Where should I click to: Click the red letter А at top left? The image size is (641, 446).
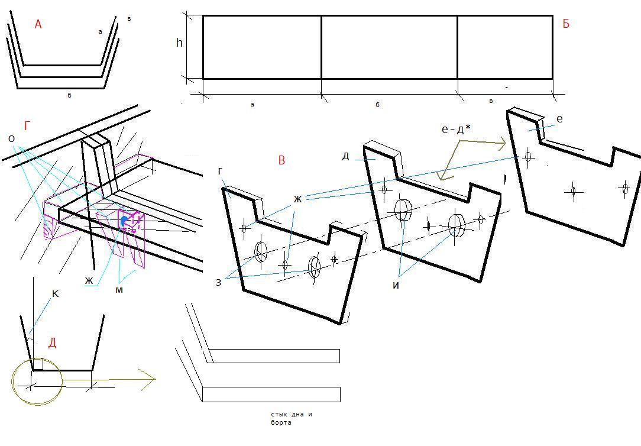click(38, 24)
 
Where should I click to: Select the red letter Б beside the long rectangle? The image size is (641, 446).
click(566, 24)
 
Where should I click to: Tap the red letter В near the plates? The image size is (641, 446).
click(281, 160)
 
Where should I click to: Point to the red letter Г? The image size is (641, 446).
click(27, 125)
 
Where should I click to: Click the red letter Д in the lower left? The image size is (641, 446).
click(52, 343)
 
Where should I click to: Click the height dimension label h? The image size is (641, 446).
click(179, 43)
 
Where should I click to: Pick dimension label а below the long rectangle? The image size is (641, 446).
click(252, 105)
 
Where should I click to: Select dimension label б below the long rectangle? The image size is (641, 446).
click(377, 105)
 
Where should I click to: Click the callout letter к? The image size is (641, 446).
click(56, 293)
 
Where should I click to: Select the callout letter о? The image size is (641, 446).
click(11, 139)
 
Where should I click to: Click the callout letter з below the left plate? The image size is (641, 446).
click(218, 282)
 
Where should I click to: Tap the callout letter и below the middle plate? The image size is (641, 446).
click(396, 285)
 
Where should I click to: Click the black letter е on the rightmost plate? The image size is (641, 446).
click(559, 119)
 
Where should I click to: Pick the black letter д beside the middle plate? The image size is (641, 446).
click(345, 156)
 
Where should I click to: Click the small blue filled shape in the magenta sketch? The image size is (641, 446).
click(124, 221)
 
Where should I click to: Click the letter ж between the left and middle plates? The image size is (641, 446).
click(297, 199)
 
